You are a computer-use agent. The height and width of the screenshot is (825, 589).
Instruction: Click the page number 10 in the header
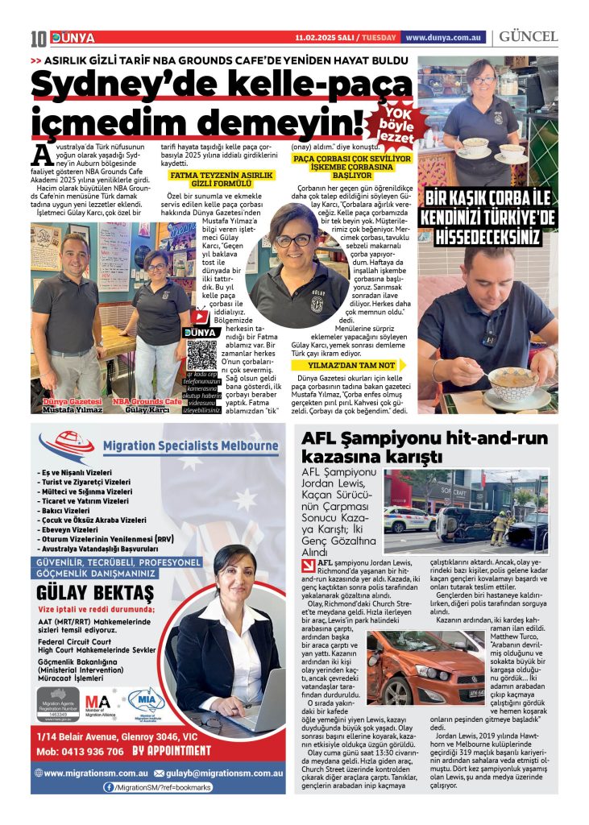click(x=38, y=38)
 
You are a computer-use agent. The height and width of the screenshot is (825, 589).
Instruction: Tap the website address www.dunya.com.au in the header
click(x=444, y=37)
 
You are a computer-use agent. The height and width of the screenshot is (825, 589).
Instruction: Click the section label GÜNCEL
click(x=528, y=37)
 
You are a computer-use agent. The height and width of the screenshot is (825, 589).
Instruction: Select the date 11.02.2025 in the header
click(x=318, y=37)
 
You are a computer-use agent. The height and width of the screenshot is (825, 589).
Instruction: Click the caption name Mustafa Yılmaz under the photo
click(x=72, y=410)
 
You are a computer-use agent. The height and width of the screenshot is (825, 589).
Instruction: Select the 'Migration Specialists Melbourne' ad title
click(x=190, y=446)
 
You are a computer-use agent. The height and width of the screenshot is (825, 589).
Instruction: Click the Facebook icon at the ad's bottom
click(x=108, y=787)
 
